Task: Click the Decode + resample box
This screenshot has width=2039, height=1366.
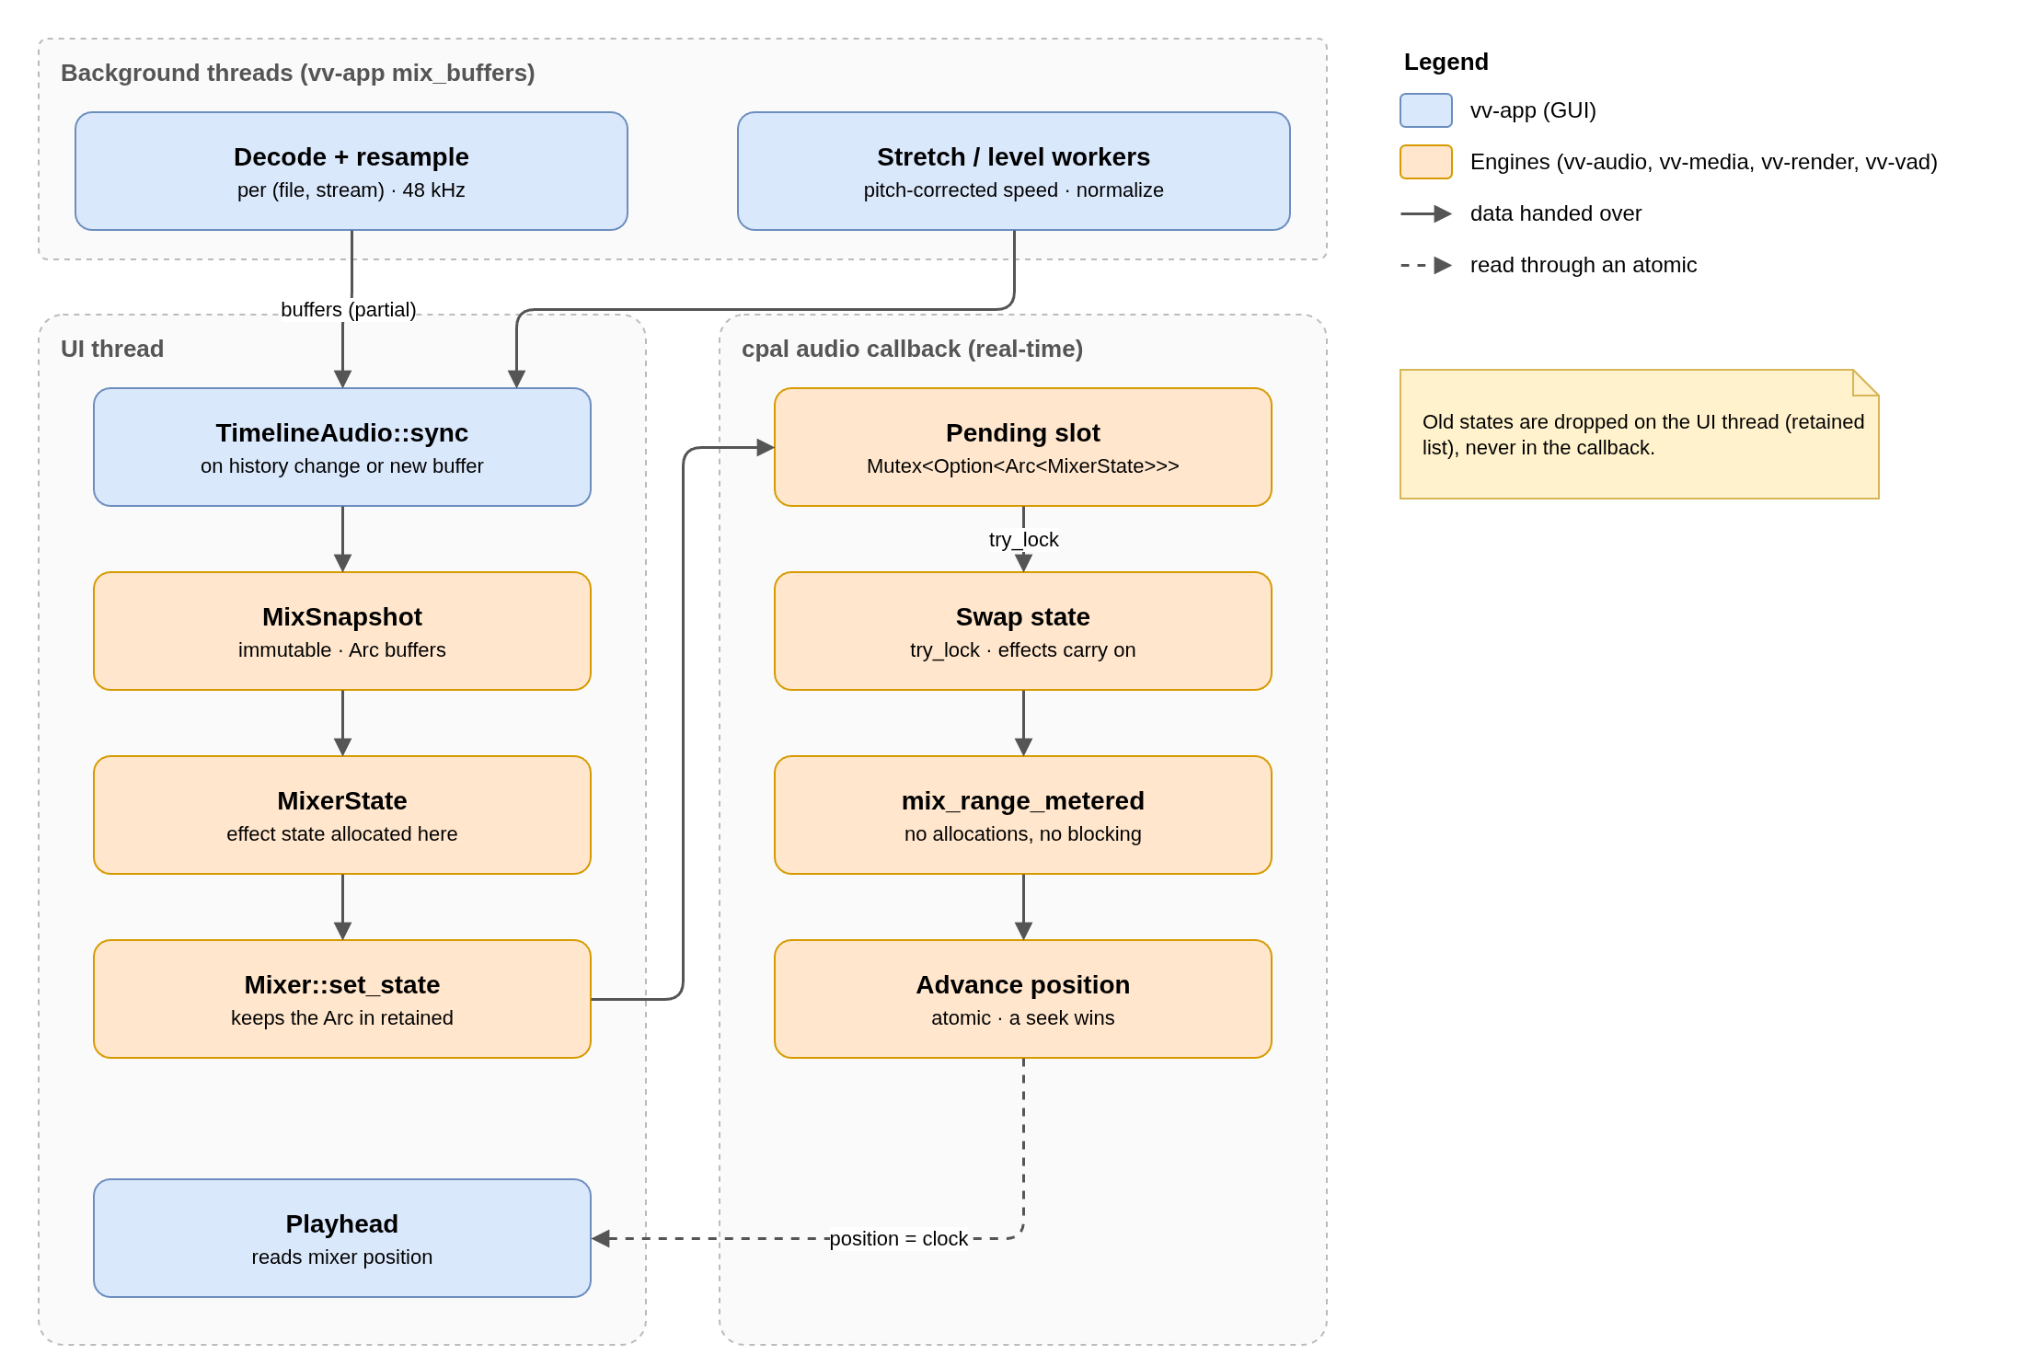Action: tap(351, 171)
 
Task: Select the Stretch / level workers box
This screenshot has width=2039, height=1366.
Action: tap(1014, 171)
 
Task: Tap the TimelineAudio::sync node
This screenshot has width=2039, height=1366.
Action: tap(342, 447)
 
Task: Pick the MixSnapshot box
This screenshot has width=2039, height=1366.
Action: tap(342, 631)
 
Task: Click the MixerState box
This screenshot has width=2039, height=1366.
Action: tap(342, 815)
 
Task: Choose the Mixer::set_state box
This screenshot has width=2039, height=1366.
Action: tap(342, 999)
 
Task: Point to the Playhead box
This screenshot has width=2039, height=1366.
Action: tap(342, 1238)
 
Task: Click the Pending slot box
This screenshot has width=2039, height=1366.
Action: tap(1023, 447)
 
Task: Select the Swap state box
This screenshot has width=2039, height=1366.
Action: tap(1023, 631)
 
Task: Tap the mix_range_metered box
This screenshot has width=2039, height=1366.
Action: tap(1023, 815)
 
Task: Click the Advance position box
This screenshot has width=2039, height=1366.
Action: tap(1023, 999)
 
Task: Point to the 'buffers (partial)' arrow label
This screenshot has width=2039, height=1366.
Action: tap(349, 310)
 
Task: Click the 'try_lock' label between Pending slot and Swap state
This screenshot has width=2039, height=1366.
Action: tap(1024, 540)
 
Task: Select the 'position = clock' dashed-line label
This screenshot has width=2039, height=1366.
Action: tap(899, 1239)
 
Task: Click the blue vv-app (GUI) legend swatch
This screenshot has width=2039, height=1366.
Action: tap(1426, 110)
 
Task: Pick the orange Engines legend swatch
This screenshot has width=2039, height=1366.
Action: tap(1426, 162)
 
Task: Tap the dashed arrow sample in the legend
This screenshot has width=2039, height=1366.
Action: tap(1426, 265)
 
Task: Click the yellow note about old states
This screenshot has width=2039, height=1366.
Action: tap(1640, 434)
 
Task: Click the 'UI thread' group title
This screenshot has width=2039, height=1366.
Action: tap(112, 349)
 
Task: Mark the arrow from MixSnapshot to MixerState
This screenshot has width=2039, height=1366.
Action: tap(342, 723)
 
